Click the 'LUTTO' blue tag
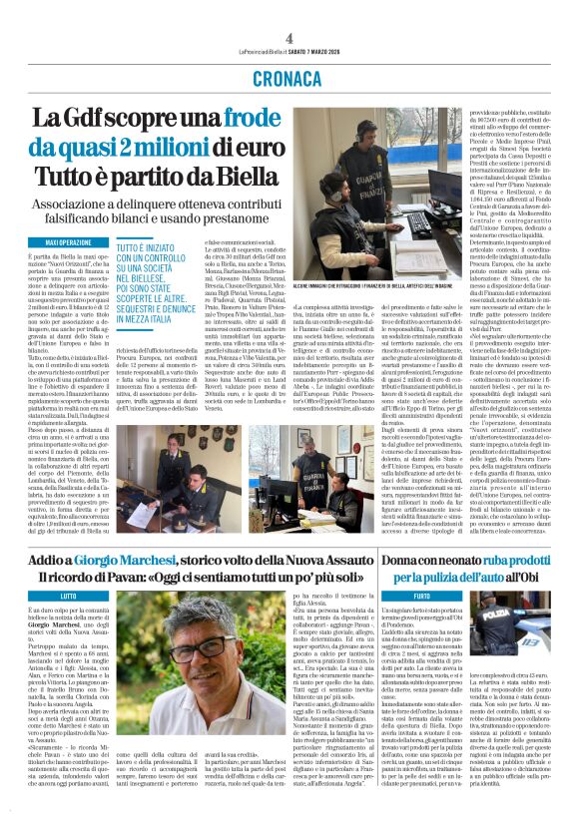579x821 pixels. (67, 595)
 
